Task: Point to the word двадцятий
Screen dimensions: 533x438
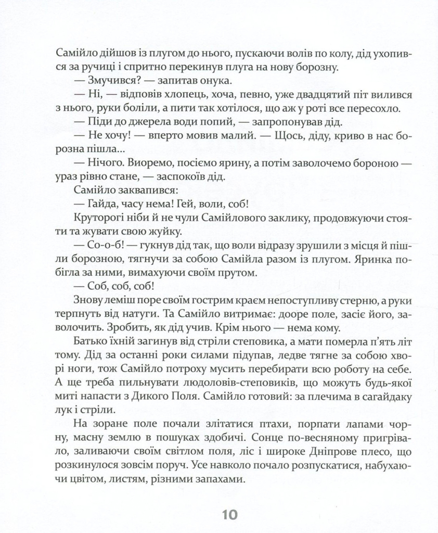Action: tap(304, 96)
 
